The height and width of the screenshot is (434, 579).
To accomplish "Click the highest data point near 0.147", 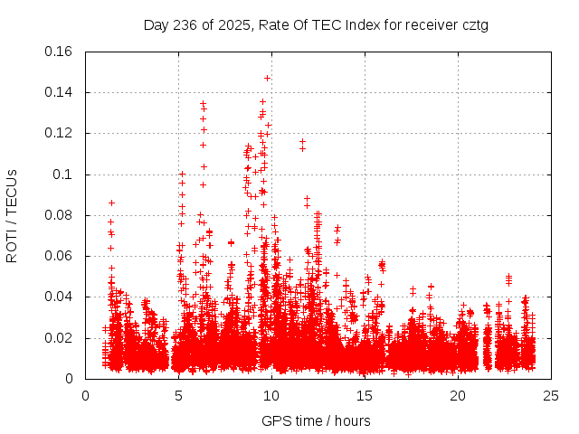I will pyautogui.click(x=267, y=78).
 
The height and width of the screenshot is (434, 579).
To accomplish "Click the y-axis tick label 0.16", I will pyautogui.click(x=60, y=51).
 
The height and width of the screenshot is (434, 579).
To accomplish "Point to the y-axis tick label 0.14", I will pyautogui.click(x=60, y=92).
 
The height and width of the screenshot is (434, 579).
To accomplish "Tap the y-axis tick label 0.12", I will pyautogui.click(x=60, y=133).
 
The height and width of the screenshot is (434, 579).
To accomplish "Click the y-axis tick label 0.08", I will pyautogui.click(x=60, y=215).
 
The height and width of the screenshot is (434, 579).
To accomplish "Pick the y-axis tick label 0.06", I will pyautogui.click(x=60, y=256).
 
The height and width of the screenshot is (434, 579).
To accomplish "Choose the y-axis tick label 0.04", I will pyautogui.click(x=60, y=297).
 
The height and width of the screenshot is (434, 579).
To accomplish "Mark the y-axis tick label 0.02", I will pyautogui.click(x=60, y=338).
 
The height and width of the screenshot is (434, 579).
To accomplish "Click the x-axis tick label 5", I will pyautogui.click(x=178, y=395).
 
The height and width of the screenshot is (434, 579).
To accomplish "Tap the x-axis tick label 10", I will pyautogui.click(x=271, y=395).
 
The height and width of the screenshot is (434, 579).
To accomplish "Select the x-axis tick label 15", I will pyautogui.click(x=365, y=395).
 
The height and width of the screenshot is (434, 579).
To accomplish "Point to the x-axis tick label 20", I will pyautogui.click(x=458, y=395).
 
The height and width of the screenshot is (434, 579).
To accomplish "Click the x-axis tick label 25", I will pyautogui.click(x=551, y=395).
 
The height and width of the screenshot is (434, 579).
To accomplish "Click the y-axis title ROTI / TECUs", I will pyautogui.click(x=13, y=215).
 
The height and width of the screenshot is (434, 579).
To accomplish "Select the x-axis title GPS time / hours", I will pyautogui.click(x=317, y=420).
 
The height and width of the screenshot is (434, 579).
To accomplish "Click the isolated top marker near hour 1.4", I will pyautogui.click(x=111, y=203).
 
